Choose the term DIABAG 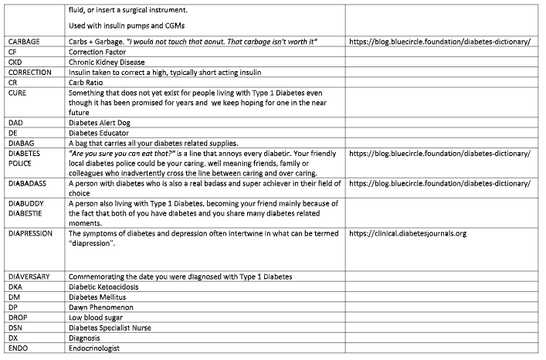(x=22, y=143)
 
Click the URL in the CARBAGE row (x=439, y=41)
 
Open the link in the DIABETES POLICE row (x=439, y=154)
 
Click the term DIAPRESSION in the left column (x=32, y=233)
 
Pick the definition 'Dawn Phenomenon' (x=101, y=307)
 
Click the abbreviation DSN (x=17, y=328)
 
